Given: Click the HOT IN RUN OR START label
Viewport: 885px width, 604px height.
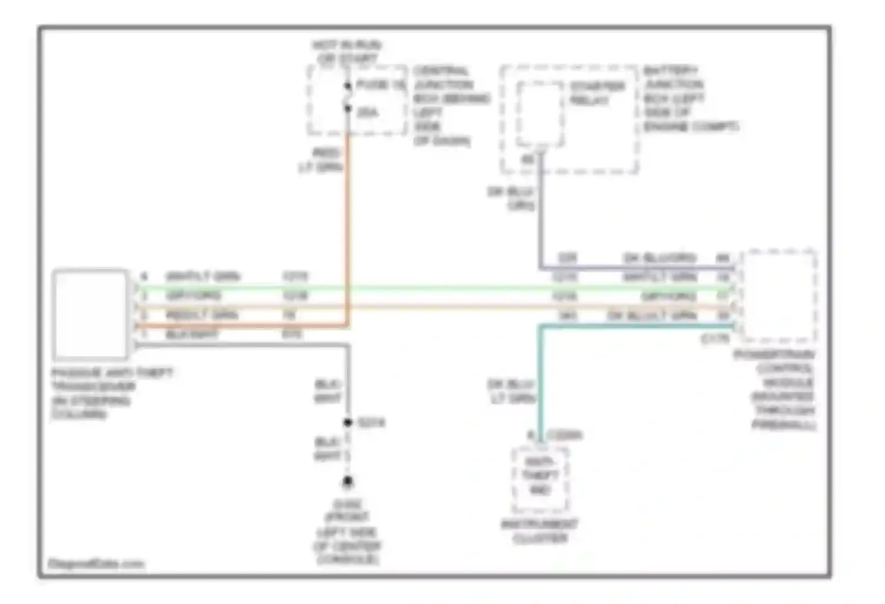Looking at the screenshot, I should point(346,52).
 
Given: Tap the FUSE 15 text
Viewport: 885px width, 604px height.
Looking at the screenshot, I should point(381,85).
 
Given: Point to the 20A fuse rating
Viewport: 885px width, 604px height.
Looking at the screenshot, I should point(368,112).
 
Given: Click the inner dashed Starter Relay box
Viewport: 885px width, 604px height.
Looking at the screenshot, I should point(540,114).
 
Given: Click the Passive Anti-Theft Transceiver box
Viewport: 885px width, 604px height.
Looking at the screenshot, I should point(90,314).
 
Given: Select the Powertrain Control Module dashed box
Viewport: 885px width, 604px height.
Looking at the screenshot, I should point(779,296).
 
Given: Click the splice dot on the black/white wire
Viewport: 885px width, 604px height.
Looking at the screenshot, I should point(348,422).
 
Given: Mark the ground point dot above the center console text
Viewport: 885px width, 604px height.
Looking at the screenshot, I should point(348,482).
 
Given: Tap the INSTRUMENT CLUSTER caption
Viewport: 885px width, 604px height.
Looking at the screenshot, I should point(539,531).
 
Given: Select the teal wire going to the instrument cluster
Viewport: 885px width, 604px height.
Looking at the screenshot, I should point(539,383).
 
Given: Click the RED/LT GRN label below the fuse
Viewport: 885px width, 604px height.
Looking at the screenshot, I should point(322,160).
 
